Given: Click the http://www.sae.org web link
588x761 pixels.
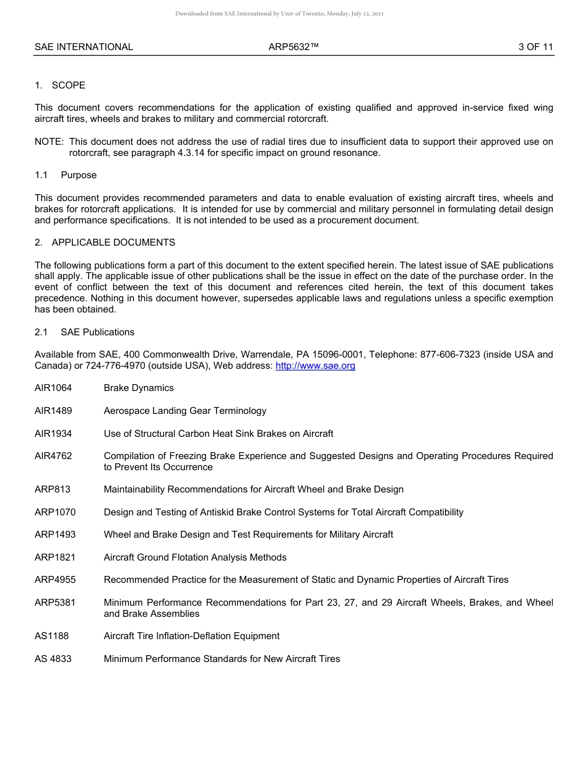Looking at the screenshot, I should [x=315, y=366].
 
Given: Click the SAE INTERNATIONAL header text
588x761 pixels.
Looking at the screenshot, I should [x=84, y=47].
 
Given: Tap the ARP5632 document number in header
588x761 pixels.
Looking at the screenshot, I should [x=293, y=47].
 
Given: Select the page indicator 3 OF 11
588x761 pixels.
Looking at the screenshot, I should [x=535, y=47].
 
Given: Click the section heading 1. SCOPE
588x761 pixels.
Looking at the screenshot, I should [x=60, y=85].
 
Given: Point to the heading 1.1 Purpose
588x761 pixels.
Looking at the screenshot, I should [x=66, y=175].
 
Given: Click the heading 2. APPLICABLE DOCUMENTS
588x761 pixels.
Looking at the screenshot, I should [x=105, y=243].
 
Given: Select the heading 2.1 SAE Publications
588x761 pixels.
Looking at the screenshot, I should [x=84, y=332].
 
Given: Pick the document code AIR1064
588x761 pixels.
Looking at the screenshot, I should [x=53, y=388].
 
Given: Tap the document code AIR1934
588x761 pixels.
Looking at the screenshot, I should [x=53, y=433].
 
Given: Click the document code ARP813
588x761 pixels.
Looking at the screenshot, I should [x=53, y=489].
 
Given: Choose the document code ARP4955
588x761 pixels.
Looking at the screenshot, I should [x=55, y=580].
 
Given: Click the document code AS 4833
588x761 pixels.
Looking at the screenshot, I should [x=53, y=659].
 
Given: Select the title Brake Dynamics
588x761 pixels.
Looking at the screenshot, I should [x=139, y=388].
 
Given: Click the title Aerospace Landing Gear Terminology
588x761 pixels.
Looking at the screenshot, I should [x=185, y=411].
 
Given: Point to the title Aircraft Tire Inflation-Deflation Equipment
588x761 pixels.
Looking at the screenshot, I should [x=192, y=636].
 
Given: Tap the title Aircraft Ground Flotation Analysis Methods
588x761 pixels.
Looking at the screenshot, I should [x=195, y=557].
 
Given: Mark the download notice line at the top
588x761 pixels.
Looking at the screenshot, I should [x=280, y=14].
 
